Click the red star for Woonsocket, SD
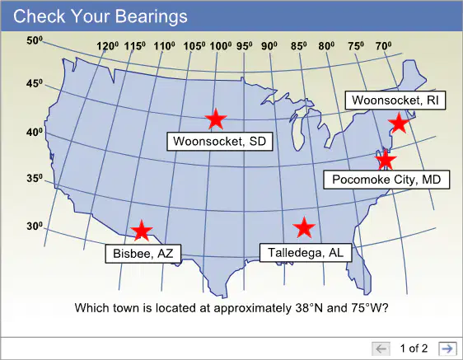coord(216,119)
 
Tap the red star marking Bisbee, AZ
coord(142,231)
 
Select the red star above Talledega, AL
coord(304,227)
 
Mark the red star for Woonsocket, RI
coord(399,123)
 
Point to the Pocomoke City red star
coord(386,161)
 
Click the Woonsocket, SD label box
coord(220,142)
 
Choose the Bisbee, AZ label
coord(143,254)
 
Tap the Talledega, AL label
coord(306,253)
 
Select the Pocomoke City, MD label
coord(386,180)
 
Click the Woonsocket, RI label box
coord(395,101)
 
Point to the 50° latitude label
coord(35,40)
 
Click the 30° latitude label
coord(35,227)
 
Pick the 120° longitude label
coord(107,46)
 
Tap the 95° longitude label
coord(244,46)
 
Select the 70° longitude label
coord(384,46)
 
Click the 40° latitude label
coord(35,132)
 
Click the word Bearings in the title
coord(152,16)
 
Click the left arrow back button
coord(381,348)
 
